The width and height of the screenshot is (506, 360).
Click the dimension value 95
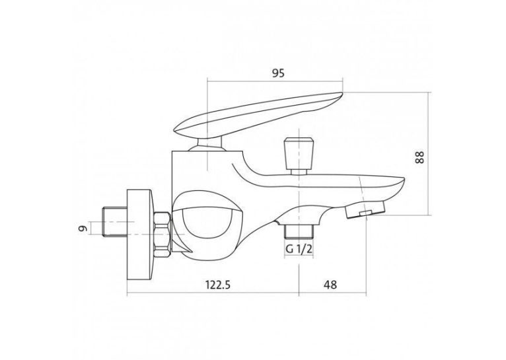tap(278, 73)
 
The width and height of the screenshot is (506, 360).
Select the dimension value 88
tap(419, 157)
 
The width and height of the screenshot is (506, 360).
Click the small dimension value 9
tap(83, 228)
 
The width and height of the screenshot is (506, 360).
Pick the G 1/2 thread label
tap(299, 249)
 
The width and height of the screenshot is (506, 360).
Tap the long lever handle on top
tap(258, 116)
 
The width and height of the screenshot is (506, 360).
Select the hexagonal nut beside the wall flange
tap(163, 234)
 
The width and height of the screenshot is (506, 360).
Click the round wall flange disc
tap(140, 234)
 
